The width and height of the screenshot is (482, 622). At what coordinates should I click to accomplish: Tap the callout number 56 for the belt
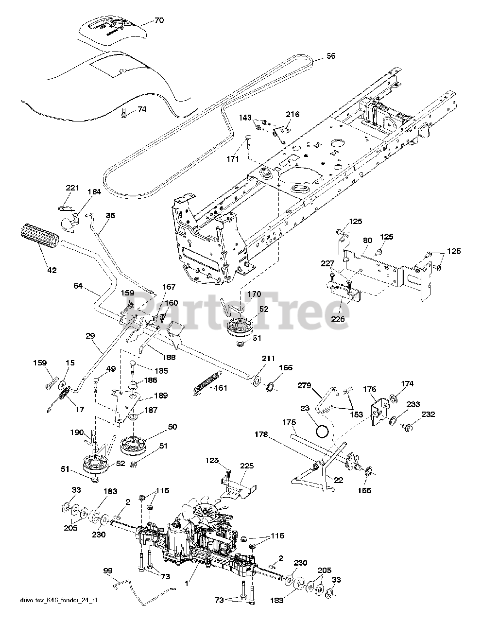tap(330, 56)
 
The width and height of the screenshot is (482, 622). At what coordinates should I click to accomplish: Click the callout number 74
tap(141, 110)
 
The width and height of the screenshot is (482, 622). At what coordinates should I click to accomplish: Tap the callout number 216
tap(293, 115)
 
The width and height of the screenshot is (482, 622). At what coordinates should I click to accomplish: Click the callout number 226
tap(338, 319)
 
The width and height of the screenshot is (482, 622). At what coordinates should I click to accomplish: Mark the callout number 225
tap(247, 466)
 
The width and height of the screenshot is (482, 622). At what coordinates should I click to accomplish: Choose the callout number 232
tap(428, 414)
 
